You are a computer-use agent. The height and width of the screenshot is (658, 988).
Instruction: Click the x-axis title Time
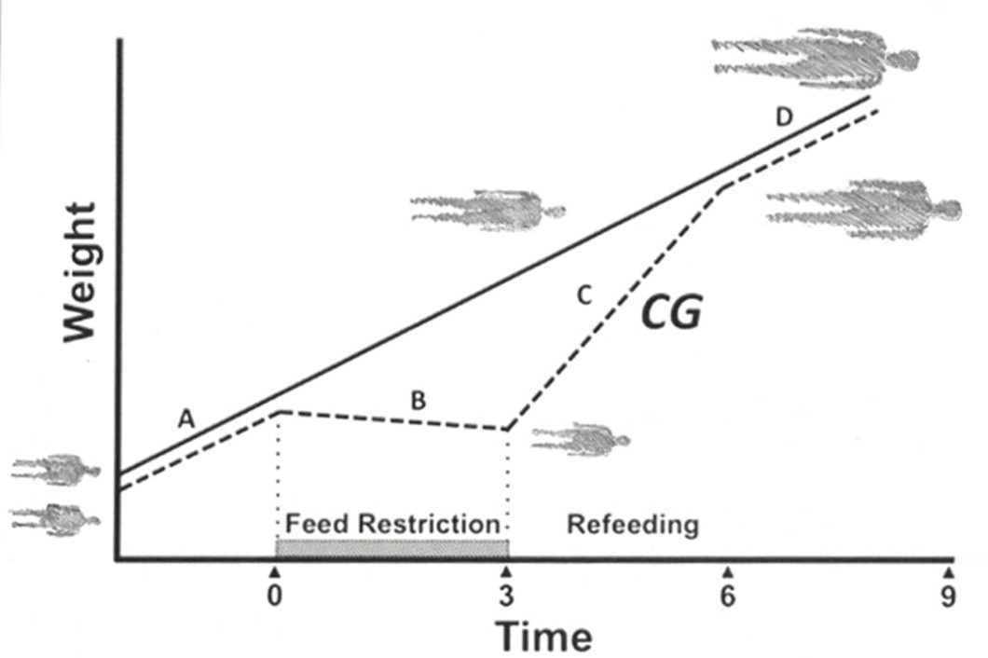coord(543,637)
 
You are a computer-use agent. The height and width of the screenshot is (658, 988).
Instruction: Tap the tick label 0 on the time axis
coord(274,596)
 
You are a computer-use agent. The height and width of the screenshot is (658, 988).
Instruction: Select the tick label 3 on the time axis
coord(506,596)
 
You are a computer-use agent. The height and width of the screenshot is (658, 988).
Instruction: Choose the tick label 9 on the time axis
coord(948,596)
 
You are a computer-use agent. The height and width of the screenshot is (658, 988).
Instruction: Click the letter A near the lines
coord(186,420)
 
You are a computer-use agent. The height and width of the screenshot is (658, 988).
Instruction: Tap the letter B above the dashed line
coord(419,401)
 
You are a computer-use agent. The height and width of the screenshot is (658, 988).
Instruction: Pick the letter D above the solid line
coord(785,118)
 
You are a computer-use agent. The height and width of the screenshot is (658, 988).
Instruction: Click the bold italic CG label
coord(670,314)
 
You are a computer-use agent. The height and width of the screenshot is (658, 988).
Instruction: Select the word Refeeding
coord(633,524)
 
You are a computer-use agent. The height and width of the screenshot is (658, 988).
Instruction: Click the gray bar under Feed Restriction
coord(391,547)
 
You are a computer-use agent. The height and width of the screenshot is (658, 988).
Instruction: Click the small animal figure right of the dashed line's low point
coord(580,438)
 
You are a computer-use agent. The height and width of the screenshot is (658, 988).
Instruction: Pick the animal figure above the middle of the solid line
coord(487,210)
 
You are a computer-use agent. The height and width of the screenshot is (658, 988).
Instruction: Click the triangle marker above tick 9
coord(948,569)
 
